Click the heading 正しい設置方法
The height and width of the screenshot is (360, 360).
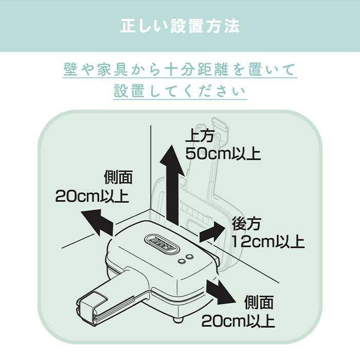click(180, 26)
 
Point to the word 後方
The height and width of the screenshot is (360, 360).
click(247, 224)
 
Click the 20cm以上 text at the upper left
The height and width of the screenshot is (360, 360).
click(92, 196)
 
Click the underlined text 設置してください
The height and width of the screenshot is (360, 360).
click(180, 92)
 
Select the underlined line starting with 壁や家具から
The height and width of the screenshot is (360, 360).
click(180, 69)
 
